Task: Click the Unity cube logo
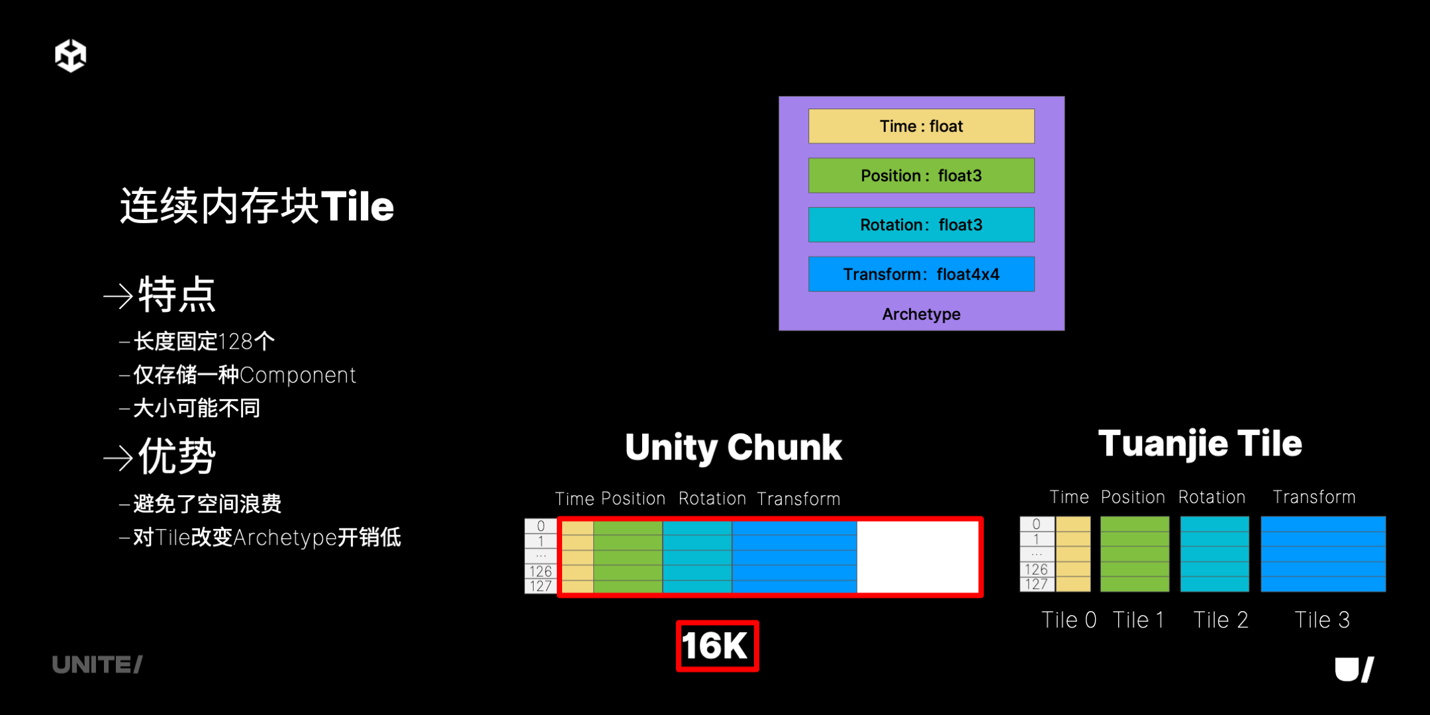click(70, 55)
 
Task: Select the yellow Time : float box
click(921, 126)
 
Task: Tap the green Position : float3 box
click(921, 175)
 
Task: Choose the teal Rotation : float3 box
click(921, 225)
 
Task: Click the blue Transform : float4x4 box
click(921, 274)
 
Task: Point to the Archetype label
click(921, 314)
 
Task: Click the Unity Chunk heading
click(734, 448)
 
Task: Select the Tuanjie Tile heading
click(1200, 444)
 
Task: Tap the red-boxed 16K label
click(717, 645)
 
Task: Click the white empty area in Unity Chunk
click(918, 557)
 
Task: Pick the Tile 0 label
click(1069, 620)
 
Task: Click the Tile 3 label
click(1321, 620)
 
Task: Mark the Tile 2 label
click(1220, 620)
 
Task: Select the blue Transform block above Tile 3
click(1323, 554)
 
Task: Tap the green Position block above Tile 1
click(1135, 554)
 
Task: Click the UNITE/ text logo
click(97, 665)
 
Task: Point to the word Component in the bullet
click(298, 375)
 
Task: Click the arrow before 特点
click(119, 296)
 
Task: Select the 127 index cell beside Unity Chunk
click(541, 586)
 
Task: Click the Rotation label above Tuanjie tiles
click(1212, 497)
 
